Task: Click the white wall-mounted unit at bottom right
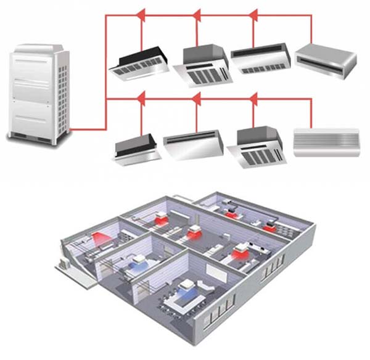click(x=326, y=142)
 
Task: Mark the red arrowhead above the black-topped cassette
click(x=140, y=14)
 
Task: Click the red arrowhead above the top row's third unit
click(x=253, y=14)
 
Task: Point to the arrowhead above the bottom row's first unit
click(x=140, y=97)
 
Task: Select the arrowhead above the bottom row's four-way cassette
click(x=253, y=97)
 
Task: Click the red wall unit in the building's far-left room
click(x=101, y=238)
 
